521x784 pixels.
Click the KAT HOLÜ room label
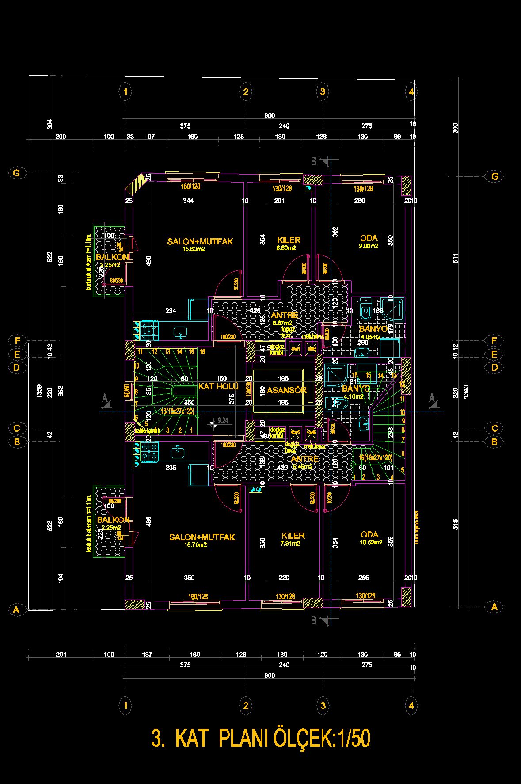(218, 386)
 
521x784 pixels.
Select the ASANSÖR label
(286, 390)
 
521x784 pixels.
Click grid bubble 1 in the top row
(126, 92)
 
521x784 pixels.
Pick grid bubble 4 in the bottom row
(411, 706)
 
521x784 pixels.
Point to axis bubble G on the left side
(16, 173)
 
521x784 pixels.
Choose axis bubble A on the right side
(494, 607)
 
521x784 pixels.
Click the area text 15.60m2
(194, 249)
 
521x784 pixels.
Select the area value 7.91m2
(290, 544)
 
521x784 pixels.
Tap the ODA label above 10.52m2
(369, 534)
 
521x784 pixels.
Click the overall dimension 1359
(39, 391)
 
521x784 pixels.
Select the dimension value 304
(49, 124)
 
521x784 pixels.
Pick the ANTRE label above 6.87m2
(284, 315)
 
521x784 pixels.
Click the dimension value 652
(61, 391)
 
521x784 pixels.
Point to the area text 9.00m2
(369, 246)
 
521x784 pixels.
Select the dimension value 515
(456, 524)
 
